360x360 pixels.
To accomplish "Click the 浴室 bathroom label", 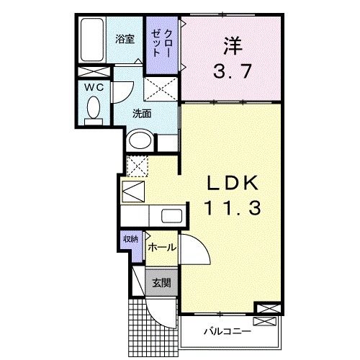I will point(125,39).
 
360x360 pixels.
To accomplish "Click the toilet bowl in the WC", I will point(93,109).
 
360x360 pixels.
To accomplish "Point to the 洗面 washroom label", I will point(141,113).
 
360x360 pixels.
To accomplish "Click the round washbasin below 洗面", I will point(139,140).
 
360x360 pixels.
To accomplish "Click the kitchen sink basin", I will point(171,215).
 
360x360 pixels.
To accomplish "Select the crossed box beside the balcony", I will point(264,310).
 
